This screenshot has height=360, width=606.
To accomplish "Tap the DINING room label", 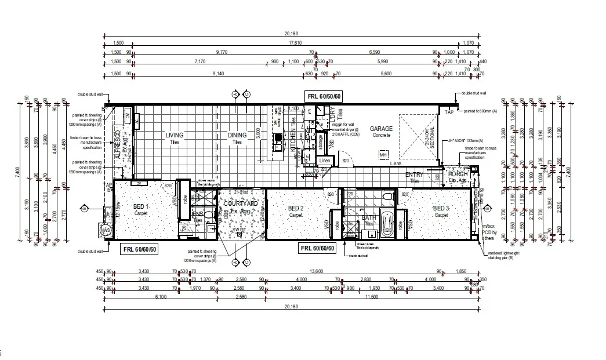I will (x=237, y=135).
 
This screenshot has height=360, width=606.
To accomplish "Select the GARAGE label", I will (x=382, y=129).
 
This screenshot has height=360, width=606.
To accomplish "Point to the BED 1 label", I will (x=141, y=207).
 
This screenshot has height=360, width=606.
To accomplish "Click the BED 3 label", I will (x=442, y=209).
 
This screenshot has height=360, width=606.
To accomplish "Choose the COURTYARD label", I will (x=241, y=204).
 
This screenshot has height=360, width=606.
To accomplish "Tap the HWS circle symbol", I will (x=106, y=231).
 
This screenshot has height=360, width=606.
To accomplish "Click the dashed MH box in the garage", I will (x=383, y=155).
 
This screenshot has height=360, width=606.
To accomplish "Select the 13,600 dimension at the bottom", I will (x=317, y=271).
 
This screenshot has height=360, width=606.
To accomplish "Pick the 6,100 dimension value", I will (x=161, y=296).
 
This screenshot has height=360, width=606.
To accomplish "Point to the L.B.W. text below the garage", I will (x=396, y=163).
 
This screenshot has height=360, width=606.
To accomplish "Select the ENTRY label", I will (x=413, y=174).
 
